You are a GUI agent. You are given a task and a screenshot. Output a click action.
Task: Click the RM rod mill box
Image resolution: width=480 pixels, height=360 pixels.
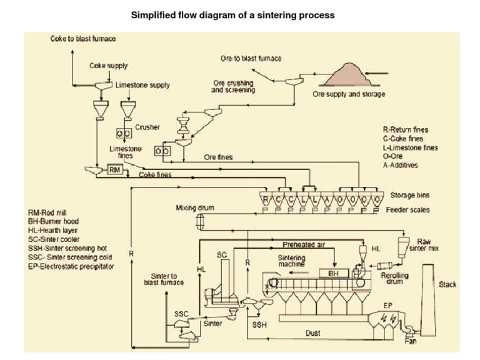pos(114,169)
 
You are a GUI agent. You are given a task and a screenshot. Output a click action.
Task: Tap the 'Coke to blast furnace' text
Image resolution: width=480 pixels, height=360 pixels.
pos(83,39)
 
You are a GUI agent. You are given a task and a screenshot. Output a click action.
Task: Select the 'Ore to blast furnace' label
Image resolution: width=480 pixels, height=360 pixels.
pos(251,58)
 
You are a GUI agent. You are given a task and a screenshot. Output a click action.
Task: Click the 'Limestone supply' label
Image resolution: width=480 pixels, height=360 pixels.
pos(142,85)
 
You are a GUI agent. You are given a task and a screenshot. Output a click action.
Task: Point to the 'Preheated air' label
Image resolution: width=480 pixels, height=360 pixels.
pos(304,245)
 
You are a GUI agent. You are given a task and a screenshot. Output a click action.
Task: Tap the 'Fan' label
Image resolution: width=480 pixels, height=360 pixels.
pos(410,341)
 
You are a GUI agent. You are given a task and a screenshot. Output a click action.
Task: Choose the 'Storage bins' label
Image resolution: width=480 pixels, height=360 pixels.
pos(410,195)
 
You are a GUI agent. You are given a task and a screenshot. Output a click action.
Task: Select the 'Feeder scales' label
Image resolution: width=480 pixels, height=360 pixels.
pos(407,210)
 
